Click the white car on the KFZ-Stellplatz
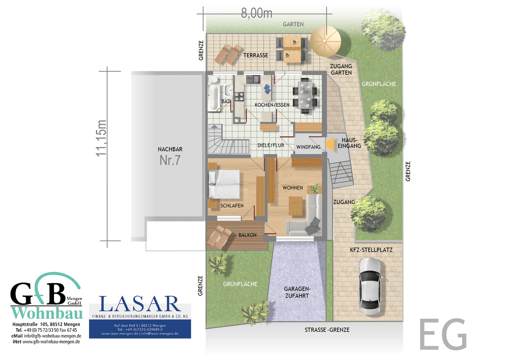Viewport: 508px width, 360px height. (x=370, y=286)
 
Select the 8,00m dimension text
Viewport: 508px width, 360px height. (x=256, y=13)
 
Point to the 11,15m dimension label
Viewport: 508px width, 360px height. (x=101, y=138)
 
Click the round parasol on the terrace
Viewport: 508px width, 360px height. (x=325, y=41)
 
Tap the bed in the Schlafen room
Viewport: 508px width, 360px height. (x=224, y=184)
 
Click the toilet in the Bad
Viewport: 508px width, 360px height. (x=213, y=79)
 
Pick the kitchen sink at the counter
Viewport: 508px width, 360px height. (x=253, y=79)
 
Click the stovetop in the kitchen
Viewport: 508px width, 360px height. (x=239, y=97)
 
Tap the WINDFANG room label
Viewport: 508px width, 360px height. (x=308, y=147)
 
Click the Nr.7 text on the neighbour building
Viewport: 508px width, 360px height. (x=170, y=160)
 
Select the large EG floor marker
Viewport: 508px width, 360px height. (x=443, y=334)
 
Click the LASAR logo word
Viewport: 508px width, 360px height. (x=139, y=304)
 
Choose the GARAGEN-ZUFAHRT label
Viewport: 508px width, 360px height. (x=297, y=292)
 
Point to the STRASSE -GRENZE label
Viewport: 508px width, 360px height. (x=327, y=330)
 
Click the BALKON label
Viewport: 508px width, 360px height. (x=247, y=235)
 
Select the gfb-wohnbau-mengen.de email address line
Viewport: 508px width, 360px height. (x=46, y=336)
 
